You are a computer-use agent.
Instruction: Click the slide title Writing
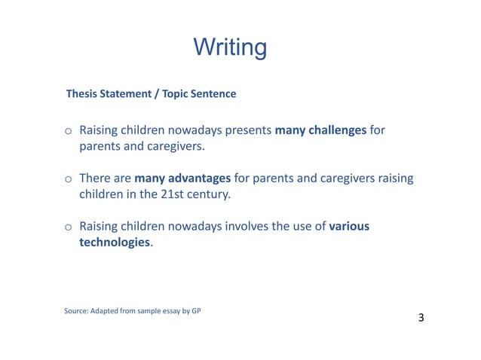point(229,47)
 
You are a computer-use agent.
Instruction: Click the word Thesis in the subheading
point(83,94)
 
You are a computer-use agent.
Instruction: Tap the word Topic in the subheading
point(174,94)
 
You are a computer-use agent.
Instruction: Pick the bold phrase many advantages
point(182,178)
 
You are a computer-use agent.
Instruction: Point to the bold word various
point(349,227)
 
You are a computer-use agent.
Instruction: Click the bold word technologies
point(115,243)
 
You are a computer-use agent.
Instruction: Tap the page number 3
point(421,318)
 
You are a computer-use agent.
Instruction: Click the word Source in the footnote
point(77,311)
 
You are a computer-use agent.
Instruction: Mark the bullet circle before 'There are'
point(67,179)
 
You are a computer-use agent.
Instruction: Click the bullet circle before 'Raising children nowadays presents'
point(67,131)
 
